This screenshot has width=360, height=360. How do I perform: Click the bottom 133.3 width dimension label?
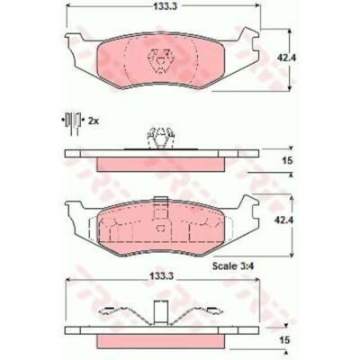click(x=162, y=277)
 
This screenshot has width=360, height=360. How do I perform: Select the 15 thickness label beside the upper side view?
click(x=287, y=160)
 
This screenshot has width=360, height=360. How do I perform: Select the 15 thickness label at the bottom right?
click(x=285, y=340)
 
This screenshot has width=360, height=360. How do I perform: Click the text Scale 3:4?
click(x=233, y=265)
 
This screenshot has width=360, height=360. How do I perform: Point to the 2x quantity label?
click(x=94, y=121)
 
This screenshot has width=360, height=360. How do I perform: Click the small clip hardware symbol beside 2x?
click(x=72, y=122)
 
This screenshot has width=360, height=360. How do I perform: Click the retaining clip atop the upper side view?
click(x=161, y=138)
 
